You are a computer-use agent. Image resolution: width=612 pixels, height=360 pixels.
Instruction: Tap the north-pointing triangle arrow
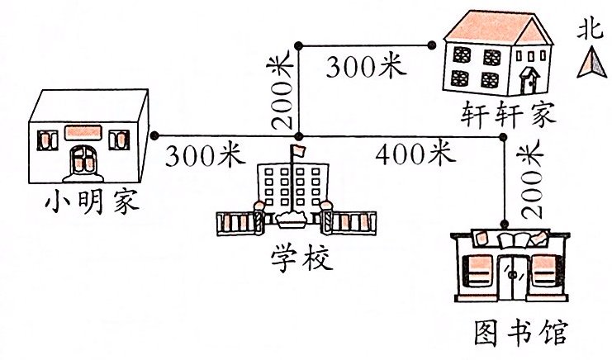589,62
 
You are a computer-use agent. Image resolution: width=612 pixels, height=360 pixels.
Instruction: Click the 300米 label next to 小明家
204,154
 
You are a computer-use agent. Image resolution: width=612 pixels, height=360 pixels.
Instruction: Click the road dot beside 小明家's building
155,135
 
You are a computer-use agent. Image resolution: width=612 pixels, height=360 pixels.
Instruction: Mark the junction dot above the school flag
300,135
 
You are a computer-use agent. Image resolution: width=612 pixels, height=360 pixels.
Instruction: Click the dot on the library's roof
503,223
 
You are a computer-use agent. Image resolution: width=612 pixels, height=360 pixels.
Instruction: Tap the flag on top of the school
298,151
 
